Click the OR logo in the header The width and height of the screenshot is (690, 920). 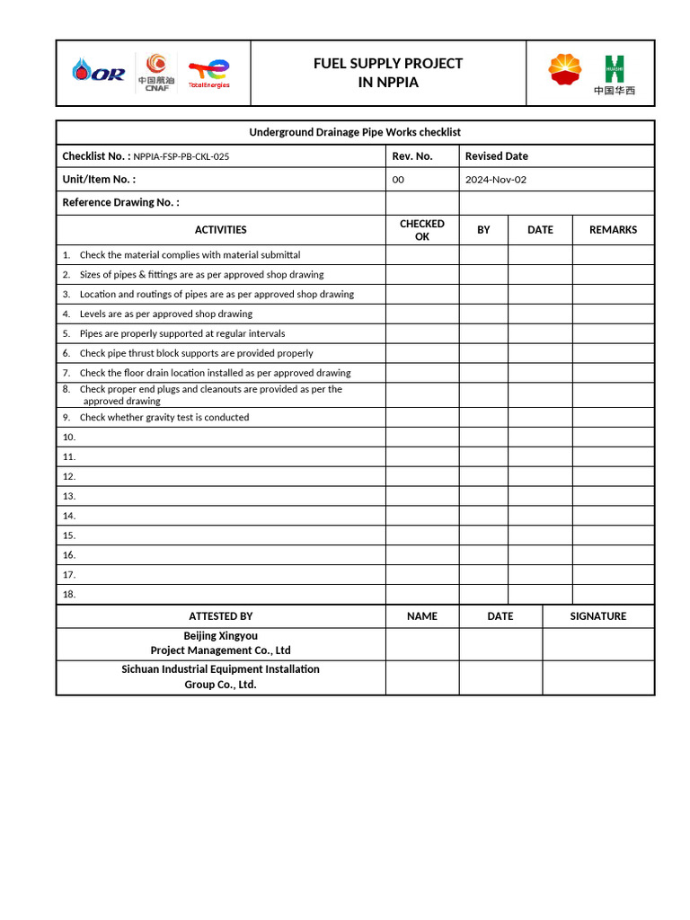point(100,73)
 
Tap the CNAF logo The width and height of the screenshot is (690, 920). point(156,72)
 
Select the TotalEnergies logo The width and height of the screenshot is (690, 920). point(208,73)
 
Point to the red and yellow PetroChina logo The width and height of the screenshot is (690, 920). point(565,70)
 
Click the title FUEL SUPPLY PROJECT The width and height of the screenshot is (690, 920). point(388,63)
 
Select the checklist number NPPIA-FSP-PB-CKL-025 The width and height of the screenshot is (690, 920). point(181,156)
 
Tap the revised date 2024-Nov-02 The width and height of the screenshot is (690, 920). point(496,180)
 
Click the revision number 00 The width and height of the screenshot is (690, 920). point(398,180)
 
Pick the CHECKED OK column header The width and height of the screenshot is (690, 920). point(422,230)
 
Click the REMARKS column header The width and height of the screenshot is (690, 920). point(613,230)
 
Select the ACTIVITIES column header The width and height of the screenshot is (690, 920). point(220,230)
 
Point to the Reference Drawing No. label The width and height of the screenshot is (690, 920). point(120,202)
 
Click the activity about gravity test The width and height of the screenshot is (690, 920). point(164,417)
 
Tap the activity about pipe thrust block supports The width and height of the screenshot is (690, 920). point(196,353)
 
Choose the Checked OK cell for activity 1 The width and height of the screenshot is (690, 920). point(422,255)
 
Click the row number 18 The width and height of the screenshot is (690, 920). point(69,594)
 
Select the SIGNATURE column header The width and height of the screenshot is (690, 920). point(598,616)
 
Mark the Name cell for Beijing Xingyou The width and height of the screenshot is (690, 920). point(422,644)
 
